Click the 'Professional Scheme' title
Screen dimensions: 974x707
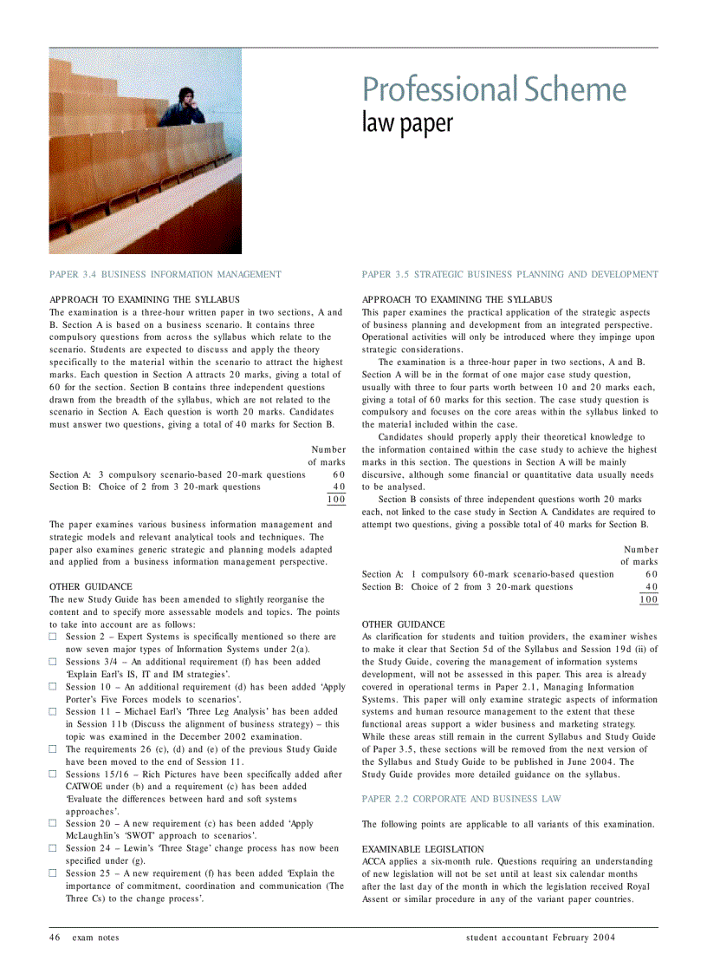tap(494, 89)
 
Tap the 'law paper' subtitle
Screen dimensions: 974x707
tap(407, 123)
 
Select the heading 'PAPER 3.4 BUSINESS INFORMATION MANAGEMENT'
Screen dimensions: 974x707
tap(165, 274)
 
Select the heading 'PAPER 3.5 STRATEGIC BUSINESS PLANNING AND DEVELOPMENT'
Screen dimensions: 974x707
tap(509, 274)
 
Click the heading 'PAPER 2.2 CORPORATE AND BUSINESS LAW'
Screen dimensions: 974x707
tap(461, 799)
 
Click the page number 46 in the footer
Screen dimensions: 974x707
tap(55, 938)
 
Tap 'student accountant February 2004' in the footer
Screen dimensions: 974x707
tap(541, 938)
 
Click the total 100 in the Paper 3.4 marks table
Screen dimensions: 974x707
tap(335, 500)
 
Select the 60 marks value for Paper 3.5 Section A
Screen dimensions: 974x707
tap(652, 574)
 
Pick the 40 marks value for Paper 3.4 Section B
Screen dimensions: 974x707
tap(339, 487)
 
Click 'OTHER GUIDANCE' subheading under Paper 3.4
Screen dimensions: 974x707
tap(91, 587)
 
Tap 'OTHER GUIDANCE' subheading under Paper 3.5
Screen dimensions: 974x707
tap(403, 624)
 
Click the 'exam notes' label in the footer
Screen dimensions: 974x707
tap(95, 938)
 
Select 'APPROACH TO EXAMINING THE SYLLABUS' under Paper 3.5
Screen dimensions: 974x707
tap(457, 299)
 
